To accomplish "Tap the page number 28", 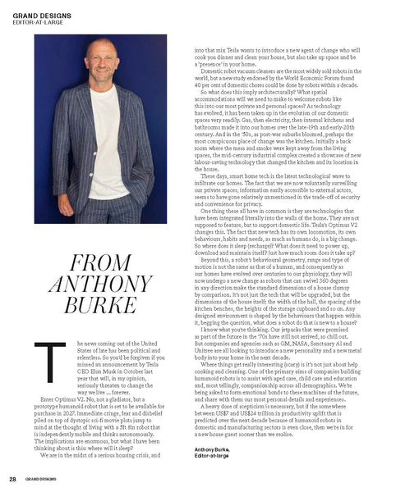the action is tap(13, 477).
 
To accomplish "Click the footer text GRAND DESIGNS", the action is tap(41, 477).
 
